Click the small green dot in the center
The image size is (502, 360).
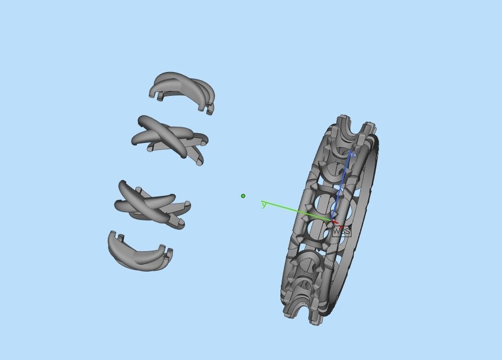click(x=243, y=196)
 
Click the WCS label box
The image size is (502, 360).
click(x=341, y=231)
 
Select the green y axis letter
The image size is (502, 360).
click(x=264, y=205)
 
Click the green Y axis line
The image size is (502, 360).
click(x=295, y=211)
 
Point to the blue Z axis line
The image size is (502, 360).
click(x=343, y=184)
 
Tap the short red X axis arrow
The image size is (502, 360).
click(x=335, y=222)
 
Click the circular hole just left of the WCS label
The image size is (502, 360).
click(x=319, y=230)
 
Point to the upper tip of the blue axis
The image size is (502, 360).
click(x=351, y=154)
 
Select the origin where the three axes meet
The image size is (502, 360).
click(x=331, y=219)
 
